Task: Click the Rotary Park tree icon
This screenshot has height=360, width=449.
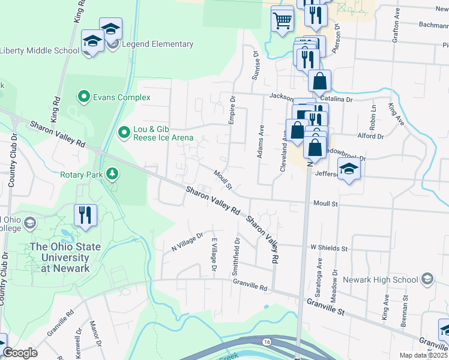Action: (112, 174)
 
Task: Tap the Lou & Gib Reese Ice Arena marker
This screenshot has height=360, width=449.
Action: (124, 131)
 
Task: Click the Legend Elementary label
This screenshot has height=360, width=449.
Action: (157, 44)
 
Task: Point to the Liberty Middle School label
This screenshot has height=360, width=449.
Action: (40, 50)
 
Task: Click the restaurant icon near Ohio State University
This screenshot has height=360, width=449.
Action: (85, 214)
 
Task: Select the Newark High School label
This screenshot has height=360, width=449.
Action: (381, 280)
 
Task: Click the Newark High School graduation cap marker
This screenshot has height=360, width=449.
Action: (427, 279)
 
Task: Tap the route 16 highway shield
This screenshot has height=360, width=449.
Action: (266, 341)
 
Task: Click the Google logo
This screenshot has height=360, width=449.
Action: (20, 353)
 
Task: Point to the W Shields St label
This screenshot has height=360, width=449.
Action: (329, 248)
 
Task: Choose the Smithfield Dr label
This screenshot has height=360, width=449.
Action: (236, 258)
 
